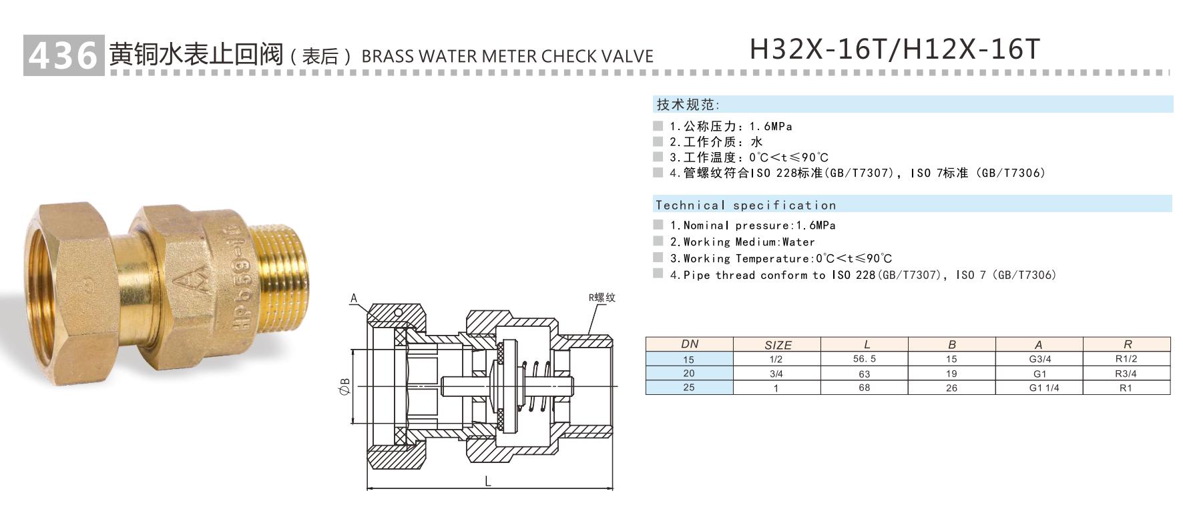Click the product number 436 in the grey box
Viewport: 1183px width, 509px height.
[63, 55]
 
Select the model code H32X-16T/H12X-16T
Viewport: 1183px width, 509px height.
[895, 49]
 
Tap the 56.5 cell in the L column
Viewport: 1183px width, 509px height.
[864, 359]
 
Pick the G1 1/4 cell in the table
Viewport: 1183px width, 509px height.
[1039, 388]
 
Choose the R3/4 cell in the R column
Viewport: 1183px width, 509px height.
[1126, 374]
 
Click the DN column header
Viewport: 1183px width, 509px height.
[689, 344]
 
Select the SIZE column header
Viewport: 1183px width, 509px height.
[777, 345]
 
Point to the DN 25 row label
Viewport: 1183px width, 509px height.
[689, 388]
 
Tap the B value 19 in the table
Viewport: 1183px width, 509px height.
[951, 374]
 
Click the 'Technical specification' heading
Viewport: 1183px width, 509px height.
[745, 205]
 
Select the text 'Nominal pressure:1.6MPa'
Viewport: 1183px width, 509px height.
[759, 225]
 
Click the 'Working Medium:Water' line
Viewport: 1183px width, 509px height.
[748, 242]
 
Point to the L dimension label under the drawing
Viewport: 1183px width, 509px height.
[488, 481]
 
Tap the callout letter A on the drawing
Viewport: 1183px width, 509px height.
[354, 299]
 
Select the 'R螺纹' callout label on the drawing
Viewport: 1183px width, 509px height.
[602, 298]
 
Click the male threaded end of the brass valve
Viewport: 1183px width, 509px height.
[278, 267]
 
